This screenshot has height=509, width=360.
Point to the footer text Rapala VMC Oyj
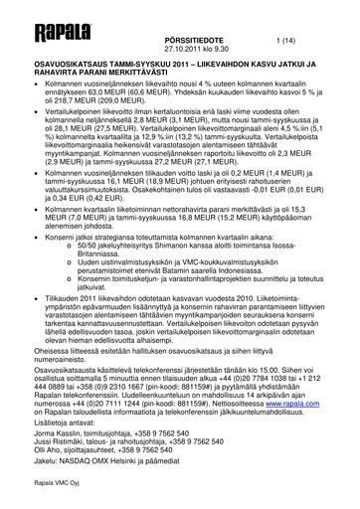[x=42, y=488]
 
